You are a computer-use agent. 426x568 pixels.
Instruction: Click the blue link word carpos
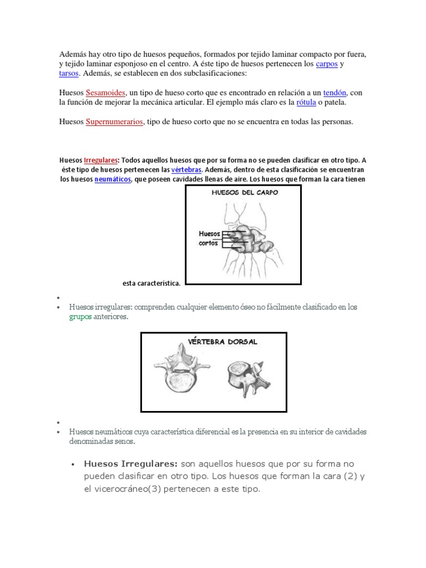(x=326, y=64)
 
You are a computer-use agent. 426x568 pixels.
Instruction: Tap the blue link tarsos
(x=69, y=74)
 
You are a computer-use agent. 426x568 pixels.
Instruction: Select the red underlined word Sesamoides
(x=106, y=93)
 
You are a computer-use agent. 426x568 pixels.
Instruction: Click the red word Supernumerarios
(x=114, y=122)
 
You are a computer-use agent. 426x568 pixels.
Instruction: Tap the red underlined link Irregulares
(x=100, y=160)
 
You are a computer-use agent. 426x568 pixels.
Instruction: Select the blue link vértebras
(x=187, y=170)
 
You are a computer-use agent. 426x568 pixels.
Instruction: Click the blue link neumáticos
(x=113, y=180)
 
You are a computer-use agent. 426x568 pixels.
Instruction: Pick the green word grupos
(x=80, y=317)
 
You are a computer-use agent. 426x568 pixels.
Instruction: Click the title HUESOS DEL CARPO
(x=244, y=192)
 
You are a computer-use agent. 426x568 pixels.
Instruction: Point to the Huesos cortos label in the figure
(x=209, y=239)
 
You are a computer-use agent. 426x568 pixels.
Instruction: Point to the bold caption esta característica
(x=151, y=283)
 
